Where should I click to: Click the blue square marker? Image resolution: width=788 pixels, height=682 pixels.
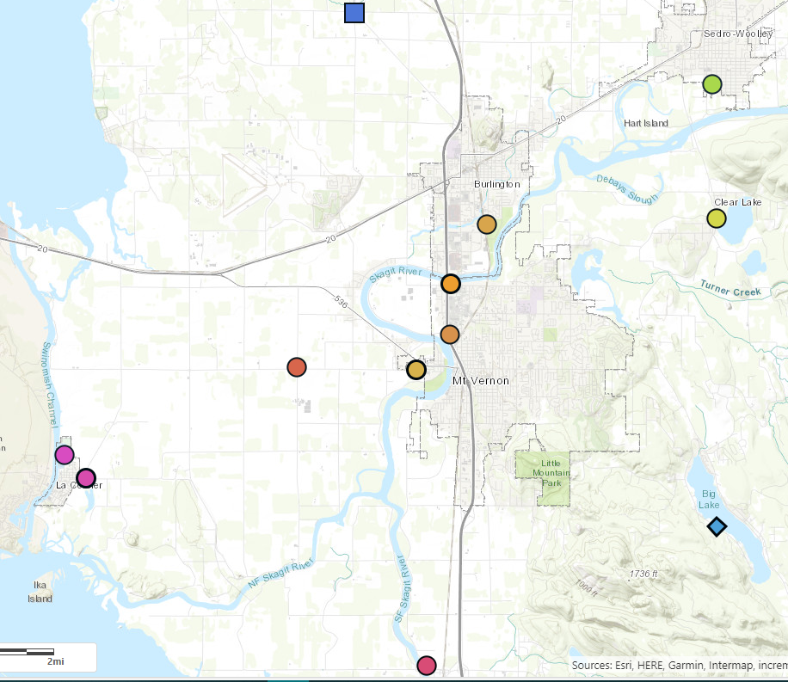point(354,13)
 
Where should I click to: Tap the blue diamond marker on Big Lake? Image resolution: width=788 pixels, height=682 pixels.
point(717,525)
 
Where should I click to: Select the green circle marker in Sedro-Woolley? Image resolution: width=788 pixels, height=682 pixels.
point(711,84)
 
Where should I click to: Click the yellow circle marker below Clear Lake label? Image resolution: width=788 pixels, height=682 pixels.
point(717,218)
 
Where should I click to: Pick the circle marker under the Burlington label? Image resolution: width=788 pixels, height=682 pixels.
point(487,224)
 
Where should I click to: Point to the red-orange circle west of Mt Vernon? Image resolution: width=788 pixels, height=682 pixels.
point(297,367)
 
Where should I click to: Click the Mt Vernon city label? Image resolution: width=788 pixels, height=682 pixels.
point(481,380)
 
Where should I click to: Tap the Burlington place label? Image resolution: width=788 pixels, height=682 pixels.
point(497,184)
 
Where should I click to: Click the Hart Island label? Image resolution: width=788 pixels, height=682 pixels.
point(646,123)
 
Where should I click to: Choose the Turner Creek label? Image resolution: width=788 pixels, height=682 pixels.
point(730,290)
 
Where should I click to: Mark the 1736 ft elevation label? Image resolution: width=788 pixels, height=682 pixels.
point(643,573)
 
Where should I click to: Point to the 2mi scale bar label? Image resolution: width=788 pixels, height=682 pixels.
point(55,661)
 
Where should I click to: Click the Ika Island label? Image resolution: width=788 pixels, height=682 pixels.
point(39,592)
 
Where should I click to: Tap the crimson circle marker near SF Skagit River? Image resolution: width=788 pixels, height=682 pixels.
point(426,665)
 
